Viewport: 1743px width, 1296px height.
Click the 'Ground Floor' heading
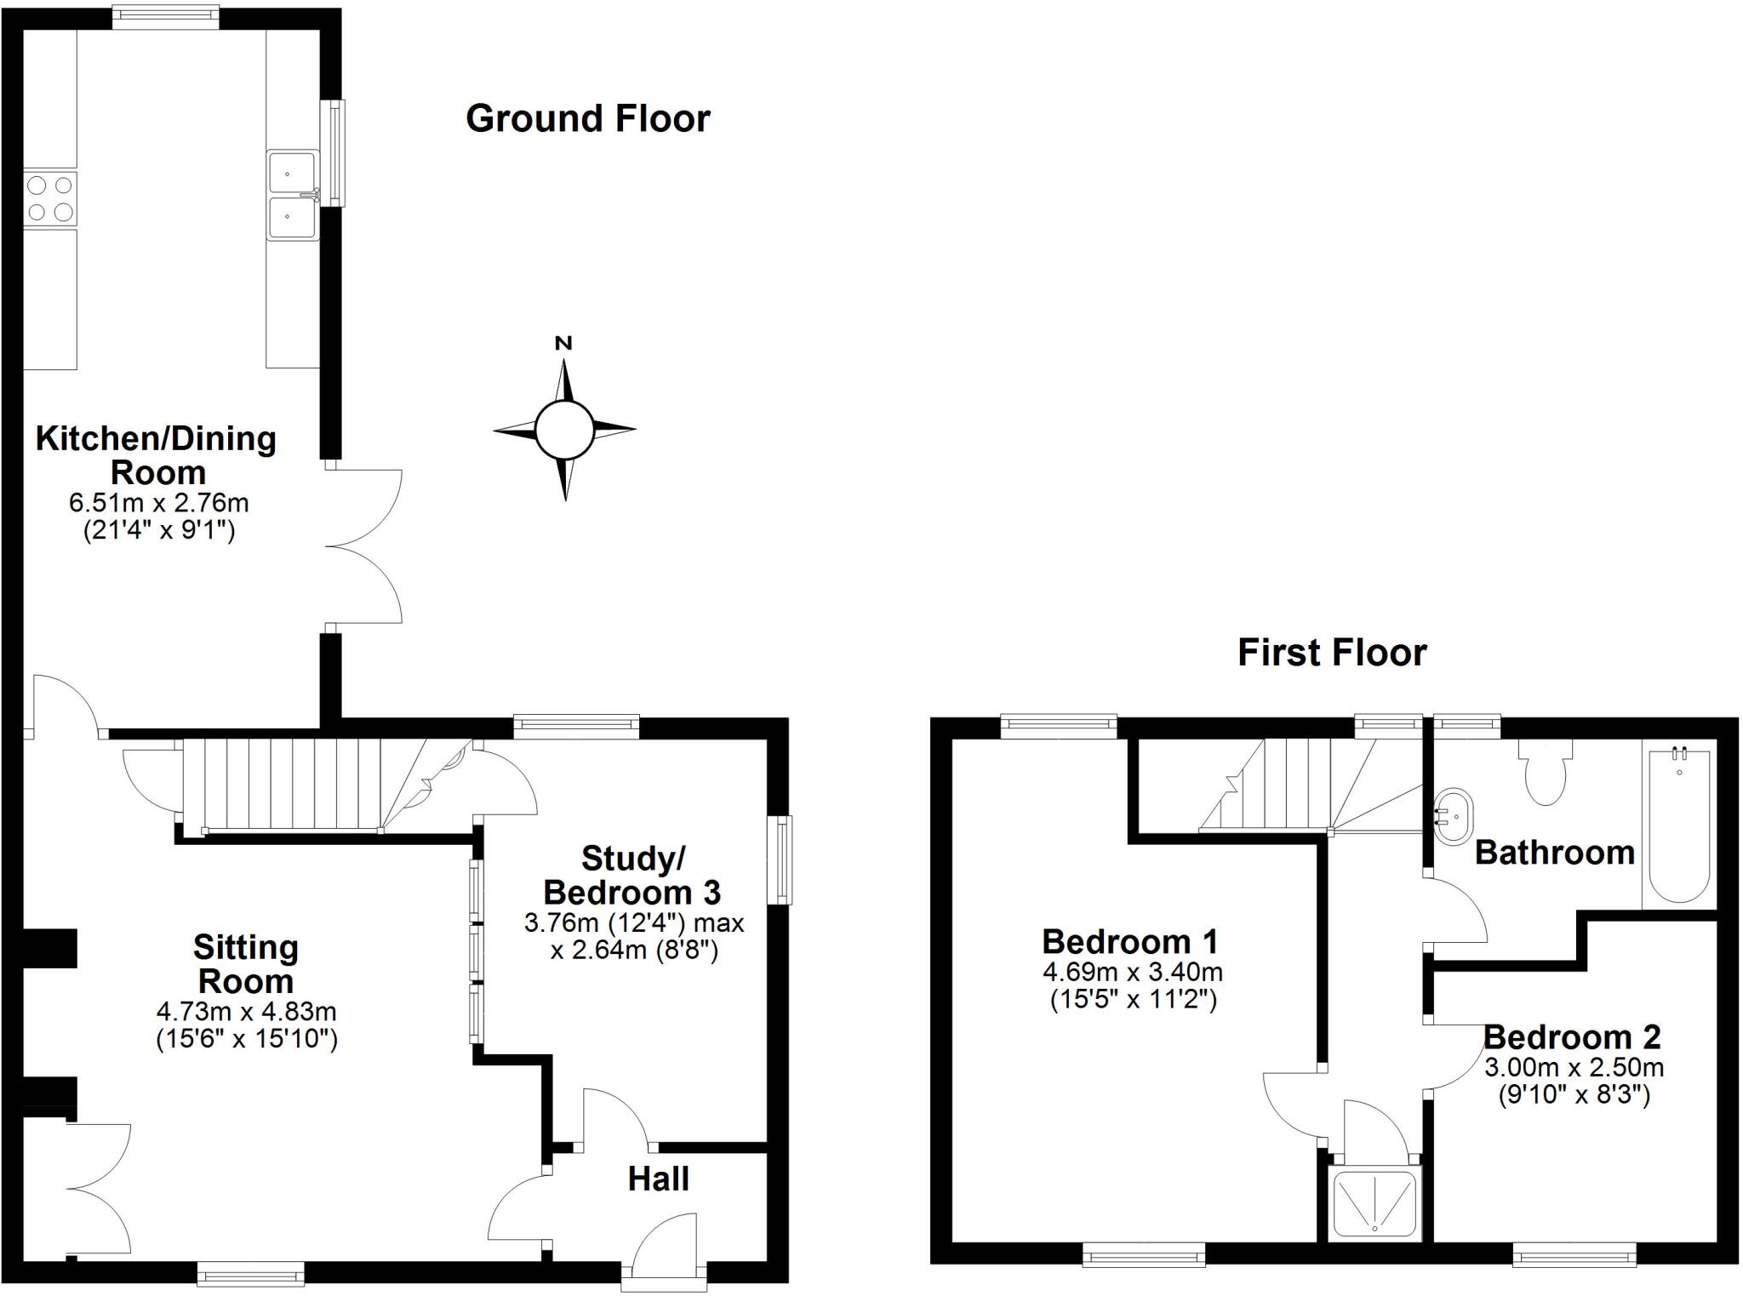tap(587, 118)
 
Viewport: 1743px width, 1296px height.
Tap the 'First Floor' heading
tap(1332, 653)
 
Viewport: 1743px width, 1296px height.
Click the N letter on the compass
tap(563, 344)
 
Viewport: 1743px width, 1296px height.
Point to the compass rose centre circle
tap(563, 429)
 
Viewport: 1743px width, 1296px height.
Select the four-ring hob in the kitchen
tap(50, 198)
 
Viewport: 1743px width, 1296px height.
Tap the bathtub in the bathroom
tap(1679, 825)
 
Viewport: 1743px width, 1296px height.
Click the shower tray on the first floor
tap(1375, 1203)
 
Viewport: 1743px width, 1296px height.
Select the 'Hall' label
tap(658, 1179)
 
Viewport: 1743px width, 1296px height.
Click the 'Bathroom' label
tap(1554, 852)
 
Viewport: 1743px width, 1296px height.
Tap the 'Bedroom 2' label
tap(1572, 1037)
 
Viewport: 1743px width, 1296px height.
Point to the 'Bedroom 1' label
tap(1129, 942)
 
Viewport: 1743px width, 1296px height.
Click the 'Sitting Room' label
tap(246, 964)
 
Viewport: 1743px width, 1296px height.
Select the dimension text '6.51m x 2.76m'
tap(159, 503)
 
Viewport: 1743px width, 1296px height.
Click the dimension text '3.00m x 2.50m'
tap(1574, 1067)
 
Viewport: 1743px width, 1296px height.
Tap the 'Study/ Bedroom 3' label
tap(632, 876)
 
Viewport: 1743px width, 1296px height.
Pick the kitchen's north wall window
tap(165, 16)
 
